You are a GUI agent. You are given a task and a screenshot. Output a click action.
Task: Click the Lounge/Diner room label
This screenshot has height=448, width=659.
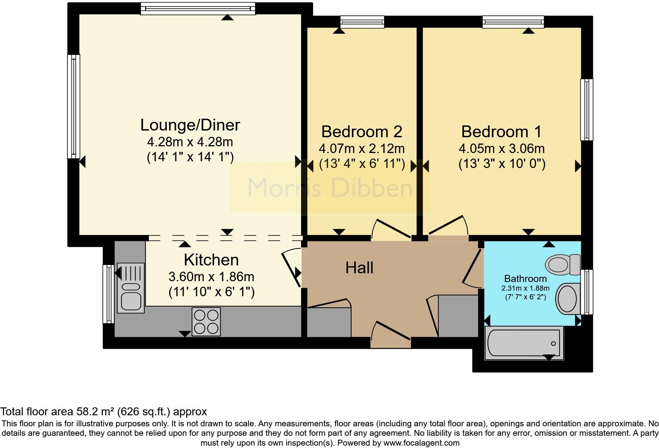190,125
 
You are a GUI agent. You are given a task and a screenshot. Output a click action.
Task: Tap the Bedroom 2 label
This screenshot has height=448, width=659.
361,132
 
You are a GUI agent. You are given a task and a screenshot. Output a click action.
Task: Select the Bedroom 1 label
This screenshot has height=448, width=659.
501,132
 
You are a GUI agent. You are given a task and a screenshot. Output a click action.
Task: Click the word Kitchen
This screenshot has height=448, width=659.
211,260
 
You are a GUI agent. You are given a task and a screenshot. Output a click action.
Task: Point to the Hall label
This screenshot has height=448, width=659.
359,268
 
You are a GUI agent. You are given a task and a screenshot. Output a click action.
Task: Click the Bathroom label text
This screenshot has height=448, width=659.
525,279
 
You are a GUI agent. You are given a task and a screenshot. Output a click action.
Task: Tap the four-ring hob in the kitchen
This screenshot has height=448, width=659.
206,321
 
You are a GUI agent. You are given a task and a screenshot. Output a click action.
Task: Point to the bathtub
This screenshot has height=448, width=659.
524,343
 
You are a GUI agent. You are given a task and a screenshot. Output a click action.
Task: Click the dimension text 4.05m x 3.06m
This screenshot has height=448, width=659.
501,149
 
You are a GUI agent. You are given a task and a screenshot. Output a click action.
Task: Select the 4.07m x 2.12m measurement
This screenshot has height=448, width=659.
361,149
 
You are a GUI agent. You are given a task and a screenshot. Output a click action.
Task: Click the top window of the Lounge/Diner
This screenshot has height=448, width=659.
198,8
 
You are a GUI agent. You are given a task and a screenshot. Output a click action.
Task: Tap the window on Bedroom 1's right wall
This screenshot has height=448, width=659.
587,110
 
